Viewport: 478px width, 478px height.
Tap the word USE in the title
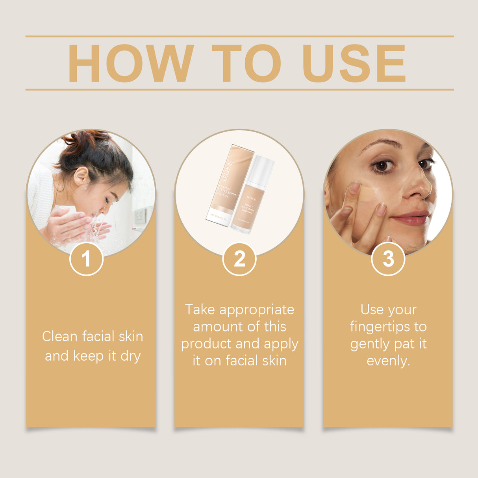coord(354,63)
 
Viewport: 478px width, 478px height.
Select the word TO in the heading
coord(246,63)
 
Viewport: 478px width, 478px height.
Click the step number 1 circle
coord(86,259)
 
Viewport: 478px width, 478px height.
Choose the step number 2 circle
coord(239,259)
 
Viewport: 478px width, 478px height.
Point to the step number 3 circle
coord(388,259)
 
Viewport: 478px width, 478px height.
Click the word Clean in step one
coord(60,337)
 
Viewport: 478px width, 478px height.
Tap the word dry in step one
coord(131,356)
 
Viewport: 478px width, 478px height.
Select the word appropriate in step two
coord(257,310)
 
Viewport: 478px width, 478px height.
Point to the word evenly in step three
coord(388,361)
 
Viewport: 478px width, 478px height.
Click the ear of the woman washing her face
coord(81,176)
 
